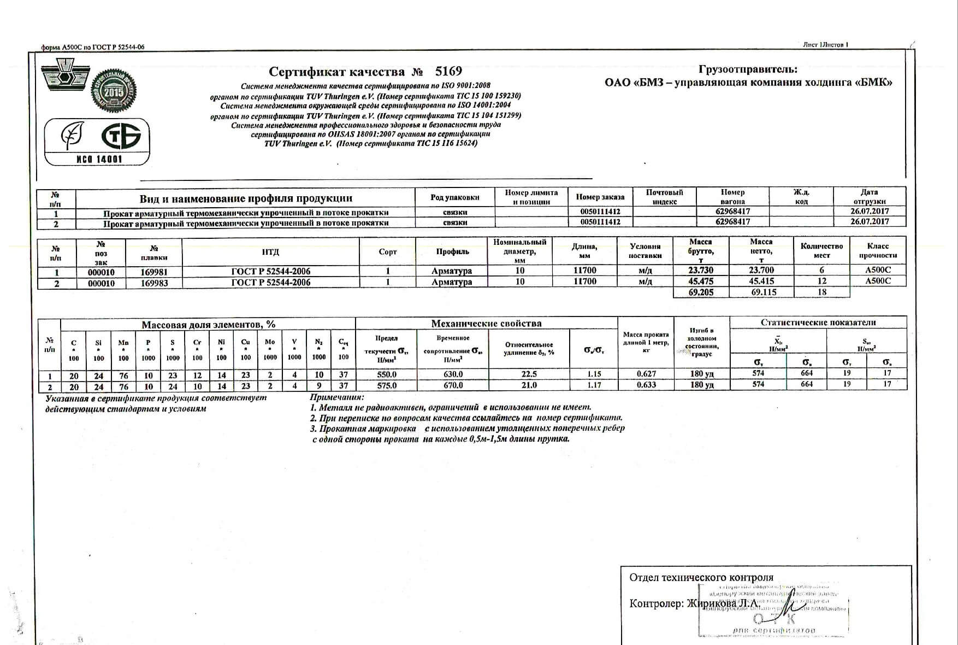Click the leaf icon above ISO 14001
pyautogui.click(x=71, y=135)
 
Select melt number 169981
pyautogui.click(x=154, y=272)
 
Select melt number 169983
pyautogui.click(x=154, y=283)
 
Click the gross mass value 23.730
pyautogui.click(x=701, y=270)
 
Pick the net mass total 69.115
pyautogui.click(x=761, y=292)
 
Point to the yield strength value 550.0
pyautogui.click(x=387, y=374)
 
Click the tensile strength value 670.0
pyautogui.click(x=453, y=385)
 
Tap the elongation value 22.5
pyautogui.click(x=529, y=374)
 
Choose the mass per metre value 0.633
pyautogui.click(x=646, y=385)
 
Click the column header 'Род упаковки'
pyautogui.click(x=454, y=197)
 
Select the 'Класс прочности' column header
pyautogui.click(x=878, y=251)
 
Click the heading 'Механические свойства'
pyautogui.click(x=486, y=323)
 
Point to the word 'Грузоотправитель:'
pyautogui.click(x=748, y=70)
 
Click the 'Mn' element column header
pyautogui.click(x=123, y=343)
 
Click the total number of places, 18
pyautogui.click(x=821, y=292)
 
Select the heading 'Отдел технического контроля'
pyautogui.click(x=701, y=578)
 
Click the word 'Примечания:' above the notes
pyautogui.click(x=336, y=397)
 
